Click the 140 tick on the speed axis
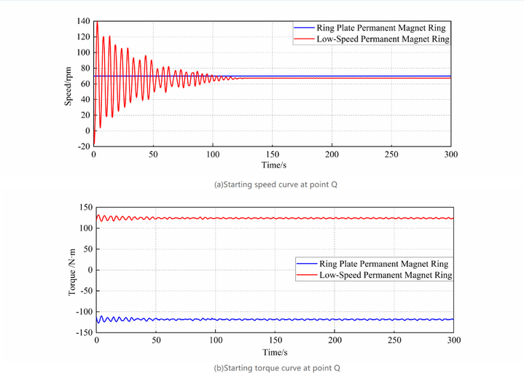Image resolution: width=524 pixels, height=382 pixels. point(82,21)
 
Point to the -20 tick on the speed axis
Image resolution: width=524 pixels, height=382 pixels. point(83,147)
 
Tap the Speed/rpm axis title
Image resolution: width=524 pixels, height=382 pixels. point(68,84)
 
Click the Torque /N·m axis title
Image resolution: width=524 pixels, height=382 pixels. point(71,270)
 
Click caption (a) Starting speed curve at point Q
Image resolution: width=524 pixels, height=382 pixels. point(275,184)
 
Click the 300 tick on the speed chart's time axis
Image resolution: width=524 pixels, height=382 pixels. point(450,155)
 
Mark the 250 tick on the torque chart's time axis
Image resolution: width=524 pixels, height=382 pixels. point(394,340)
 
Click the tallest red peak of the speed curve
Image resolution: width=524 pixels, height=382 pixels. point(97,23)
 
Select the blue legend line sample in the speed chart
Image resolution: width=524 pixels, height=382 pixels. point(303,27)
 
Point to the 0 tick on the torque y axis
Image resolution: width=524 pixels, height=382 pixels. point(89,270)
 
